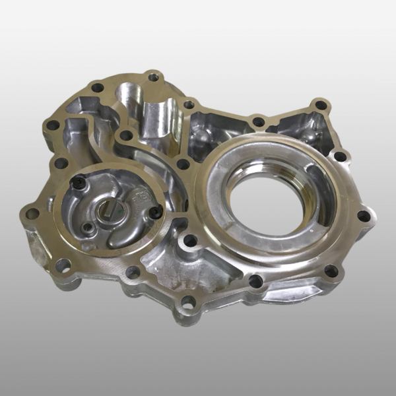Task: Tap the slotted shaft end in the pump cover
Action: [109, 213]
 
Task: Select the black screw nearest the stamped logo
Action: [156, 211]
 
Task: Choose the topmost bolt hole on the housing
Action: [153, 77]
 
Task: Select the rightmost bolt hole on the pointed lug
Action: [363, 215]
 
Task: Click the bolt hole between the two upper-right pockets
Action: [259, 121]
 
